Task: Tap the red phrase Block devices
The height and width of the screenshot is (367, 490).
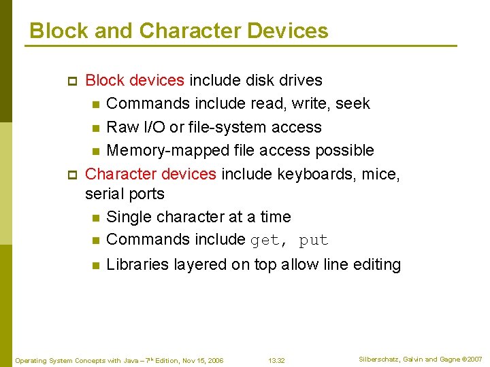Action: click(x=135, y=80)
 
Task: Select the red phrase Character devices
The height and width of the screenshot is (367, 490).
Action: click(x=150, y=174)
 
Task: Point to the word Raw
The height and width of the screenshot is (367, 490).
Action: click(x=122, y=127)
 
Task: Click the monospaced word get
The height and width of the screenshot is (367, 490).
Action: click(x=265, y=240)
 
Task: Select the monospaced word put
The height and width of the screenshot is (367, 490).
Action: click(x=313, y=240)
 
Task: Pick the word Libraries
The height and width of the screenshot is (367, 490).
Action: click(x=137, y=264)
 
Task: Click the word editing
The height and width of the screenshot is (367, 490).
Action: click(x=377, y=264)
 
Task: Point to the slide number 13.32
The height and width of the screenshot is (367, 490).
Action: click(x=276, y=360)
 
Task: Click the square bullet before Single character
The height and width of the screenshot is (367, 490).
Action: click(x=95, y=217)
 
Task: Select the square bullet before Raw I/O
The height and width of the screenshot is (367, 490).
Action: click(x=95, y=128)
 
